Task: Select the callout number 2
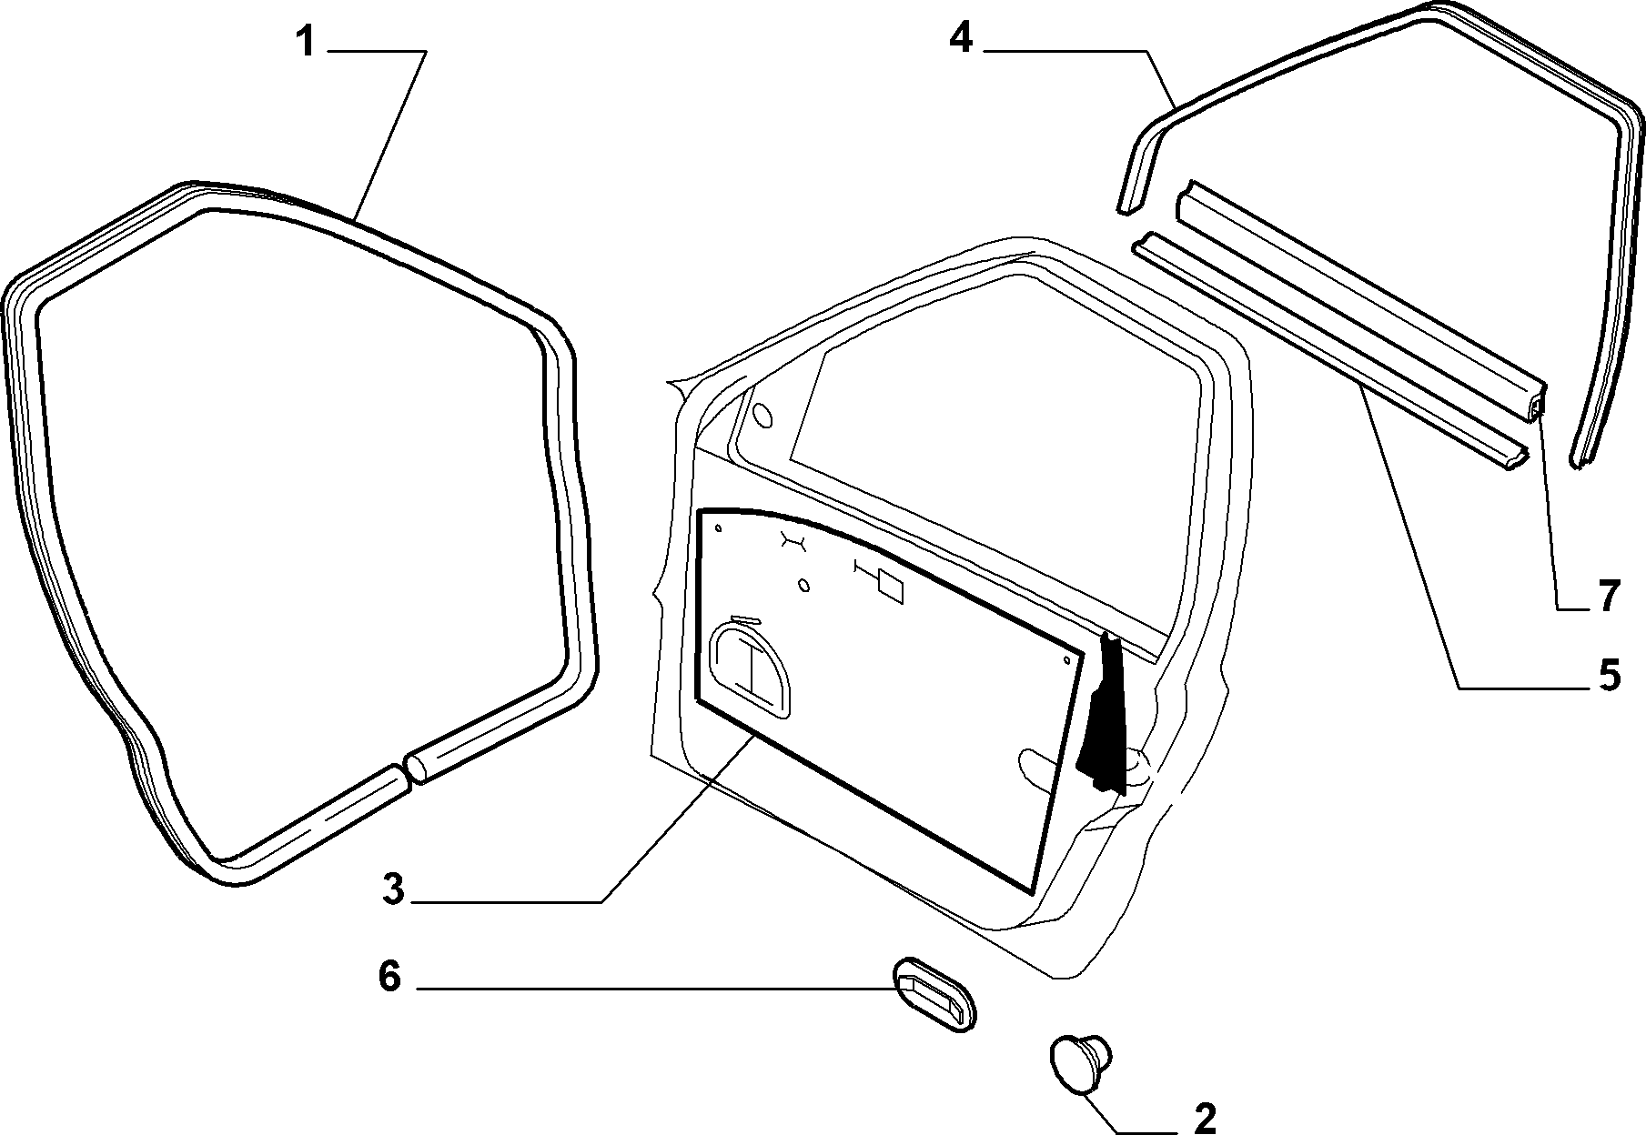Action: [x=1204, y=1119]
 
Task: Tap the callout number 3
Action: [x=392, y=889]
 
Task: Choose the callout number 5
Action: [x=1608, y=676]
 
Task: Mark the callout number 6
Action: [x=389, y=977]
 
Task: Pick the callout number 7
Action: [x=1608, y=597]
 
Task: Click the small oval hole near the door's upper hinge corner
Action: [x=763, y=415]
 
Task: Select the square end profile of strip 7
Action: [x=1536, y=411]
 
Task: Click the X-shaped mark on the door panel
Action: [x=793, y=542]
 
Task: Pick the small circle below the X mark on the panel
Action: [x=803, y=585]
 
